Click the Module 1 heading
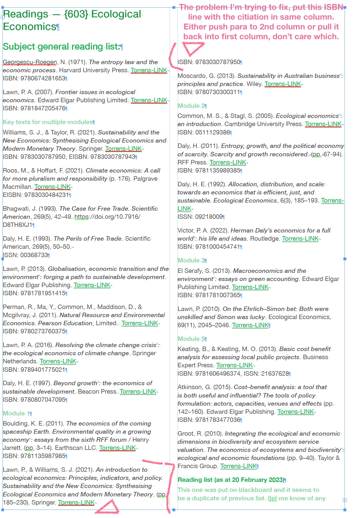16,413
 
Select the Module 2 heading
191,106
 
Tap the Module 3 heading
191,260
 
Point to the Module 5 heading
191,339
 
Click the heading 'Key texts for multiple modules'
48,122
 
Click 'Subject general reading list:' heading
61,47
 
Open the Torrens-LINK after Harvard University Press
149,70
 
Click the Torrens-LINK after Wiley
283,84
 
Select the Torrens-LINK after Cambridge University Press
323,124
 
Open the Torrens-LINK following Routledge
300,238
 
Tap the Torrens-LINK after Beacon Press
138,391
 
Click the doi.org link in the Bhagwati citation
107,217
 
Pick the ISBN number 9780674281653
43,78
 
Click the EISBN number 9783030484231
47,195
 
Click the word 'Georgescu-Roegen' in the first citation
30,62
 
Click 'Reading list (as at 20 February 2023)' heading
231,480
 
